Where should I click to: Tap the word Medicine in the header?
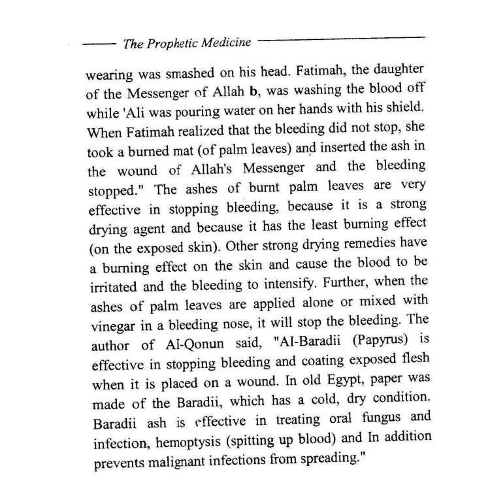click(225, 42)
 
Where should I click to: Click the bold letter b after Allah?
click(259, 90)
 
